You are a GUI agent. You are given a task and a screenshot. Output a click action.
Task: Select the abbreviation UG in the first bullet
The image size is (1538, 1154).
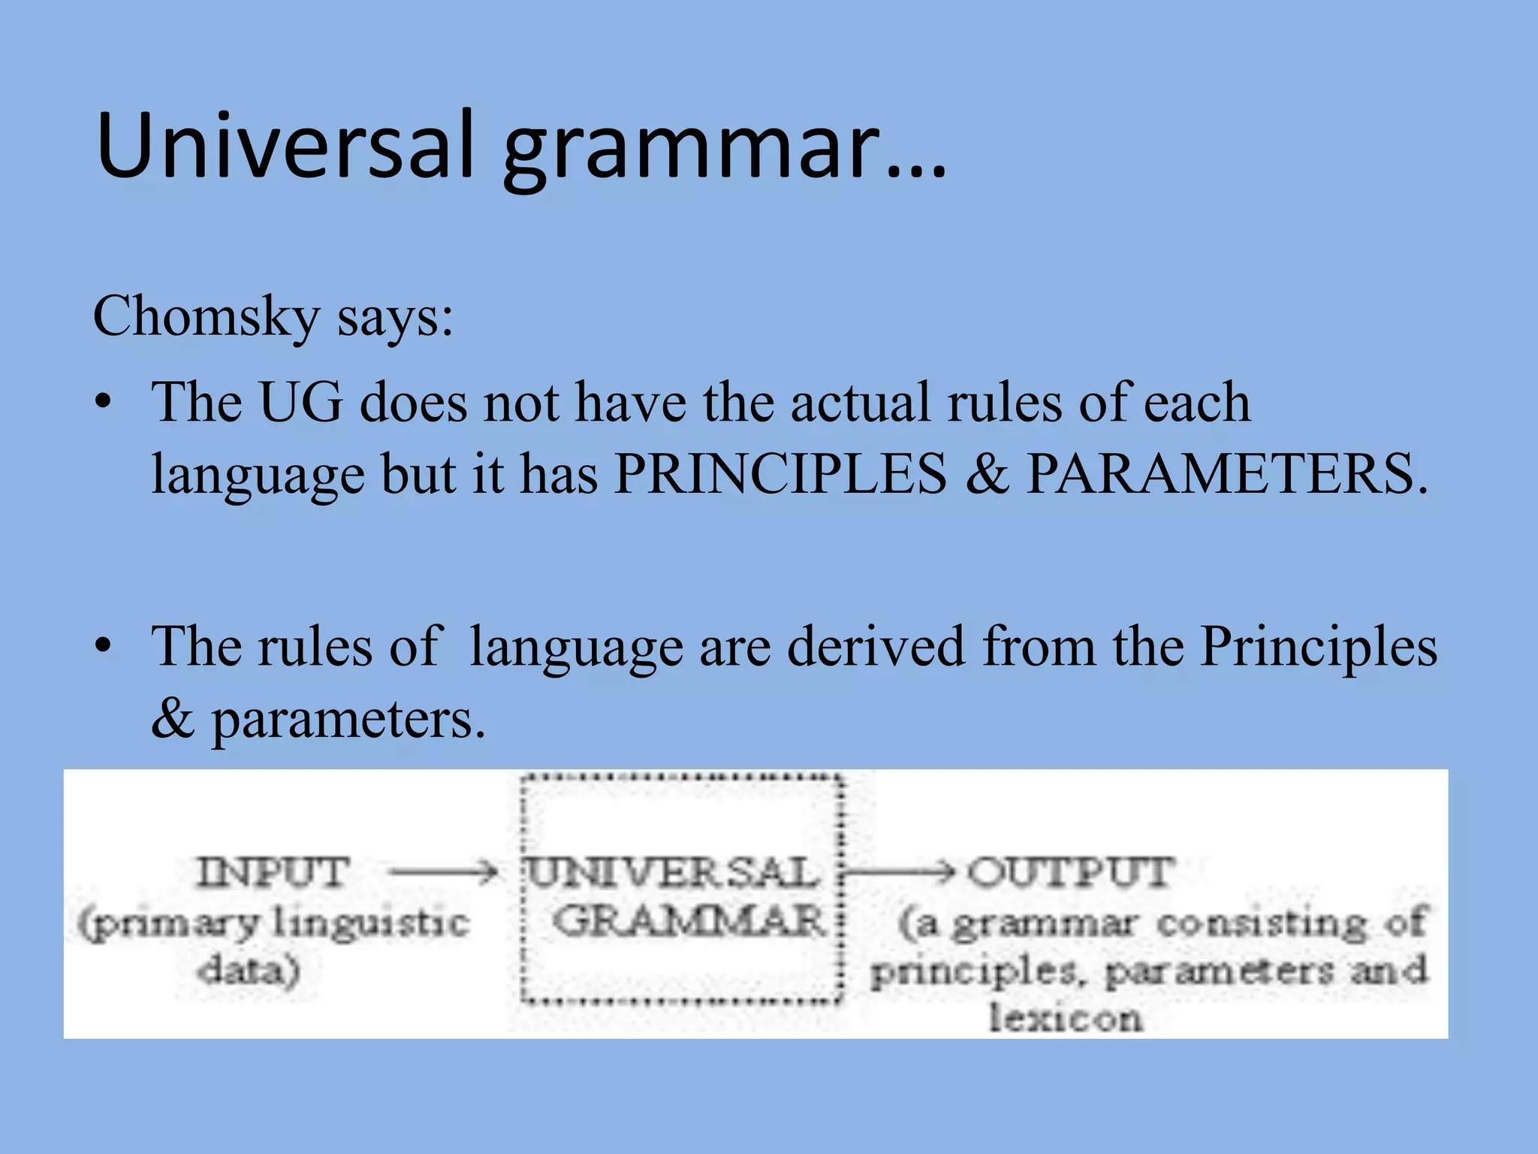[300, 403]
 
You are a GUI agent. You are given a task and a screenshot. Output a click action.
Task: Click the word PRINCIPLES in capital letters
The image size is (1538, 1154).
[780, 474]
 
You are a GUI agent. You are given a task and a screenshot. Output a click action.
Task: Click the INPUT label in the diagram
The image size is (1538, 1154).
[274, 873]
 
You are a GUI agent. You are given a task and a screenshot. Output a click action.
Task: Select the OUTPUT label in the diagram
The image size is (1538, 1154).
[1071, 873]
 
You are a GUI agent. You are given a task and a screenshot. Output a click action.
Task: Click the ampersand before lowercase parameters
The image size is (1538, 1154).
[173, 718]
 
